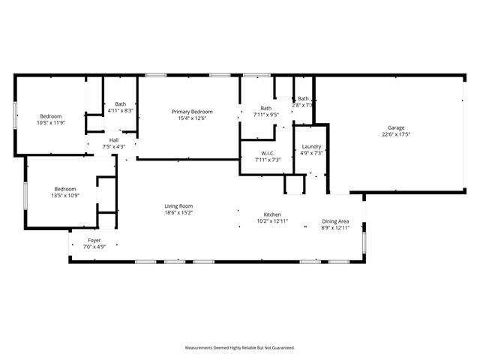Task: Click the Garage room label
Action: tap(396, 127)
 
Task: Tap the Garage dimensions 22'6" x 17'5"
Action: tap(396, 134)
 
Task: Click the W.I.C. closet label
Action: tap(268, 153)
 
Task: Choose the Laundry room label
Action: tap(311, 146)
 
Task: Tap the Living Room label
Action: tap(179, 205)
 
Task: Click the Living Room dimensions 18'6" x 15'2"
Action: tap(179, 212)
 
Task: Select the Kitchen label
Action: tap(271, 214)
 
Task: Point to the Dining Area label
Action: tap(335, 220)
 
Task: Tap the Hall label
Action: tap(114, 139)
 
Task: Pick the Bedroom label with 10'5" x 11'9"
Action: tap(50, 115)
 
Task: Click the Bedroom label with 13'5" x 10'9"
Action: tap(64, 188)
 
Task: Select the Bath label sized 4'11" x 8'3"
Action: tap(120, 104)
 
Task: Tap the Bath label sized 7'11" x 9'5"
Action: tap(266, 108)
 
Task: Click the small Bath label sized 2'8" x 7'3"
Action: tap(303, 98)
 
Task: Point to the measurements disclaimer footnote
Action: tap(240, 347)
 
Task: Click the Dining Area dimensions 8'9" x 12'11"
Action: tap(335, 227)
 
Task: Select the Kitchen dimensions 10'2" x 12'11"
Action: tap(271, 221)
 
